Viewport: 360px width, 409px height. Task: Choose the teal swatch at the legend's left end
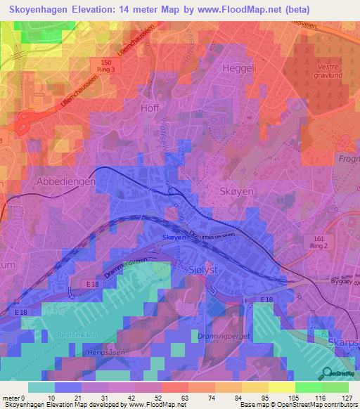[x=41, y=387]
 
